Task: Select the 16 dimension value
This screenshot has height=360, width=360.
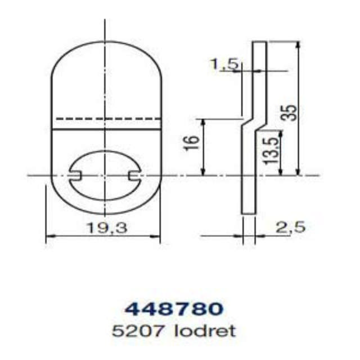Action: [x=192, y=141]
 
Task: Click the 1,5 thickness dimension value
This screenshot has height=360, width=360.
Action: [x=223, y=64]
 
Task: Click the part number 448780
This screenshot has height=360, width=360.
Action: [x=173, y=309]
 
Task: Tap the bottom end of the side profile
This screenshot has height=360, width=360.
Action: [x=248, y=213]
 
